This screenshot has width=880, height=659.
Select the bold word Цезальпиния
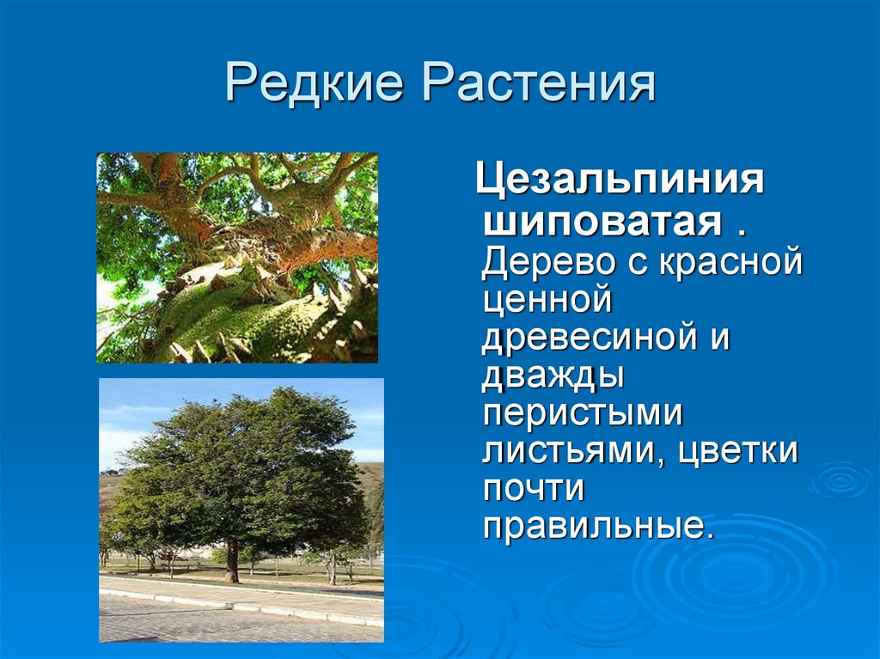620,180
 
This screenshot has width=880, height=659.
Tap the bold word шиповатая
602,222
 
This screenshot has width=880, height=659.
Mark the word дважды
553,375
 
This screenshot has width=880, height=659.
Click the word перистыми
583,413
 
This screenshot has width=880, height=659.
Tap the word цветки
737,451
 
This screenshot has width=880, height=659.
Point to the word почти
533,488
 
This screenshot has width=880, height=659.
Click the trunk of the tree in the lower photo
232,561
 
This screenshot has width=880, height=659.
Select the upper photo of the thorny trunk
237,258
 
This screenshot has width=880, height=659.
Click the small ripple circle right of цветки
840,481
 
